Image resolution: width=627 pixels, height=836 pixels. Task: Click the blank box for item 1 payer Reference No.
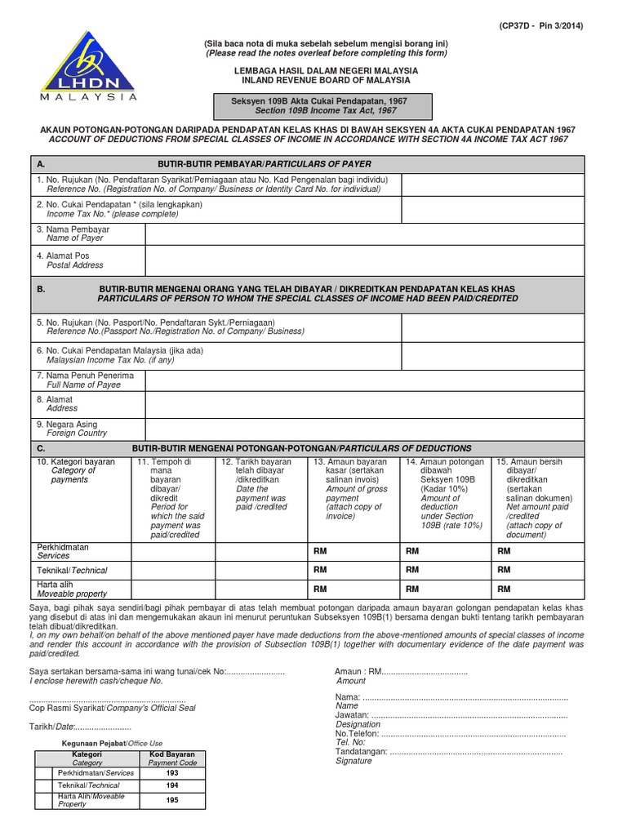pos(492,185)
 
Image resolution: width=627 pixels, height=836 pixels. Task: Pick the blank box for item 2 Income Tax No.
pos(492,209)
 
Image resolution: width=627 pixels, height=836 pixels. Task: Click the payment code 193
pos(171,772)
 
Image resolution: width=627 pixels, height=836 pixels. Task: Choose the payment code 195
pos(171,799)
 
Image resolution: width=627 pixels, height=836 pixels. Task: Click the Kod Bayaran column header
pos(171,758)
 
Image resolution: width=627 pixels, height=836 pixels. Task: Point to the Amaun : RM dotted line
pos(424,671)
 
